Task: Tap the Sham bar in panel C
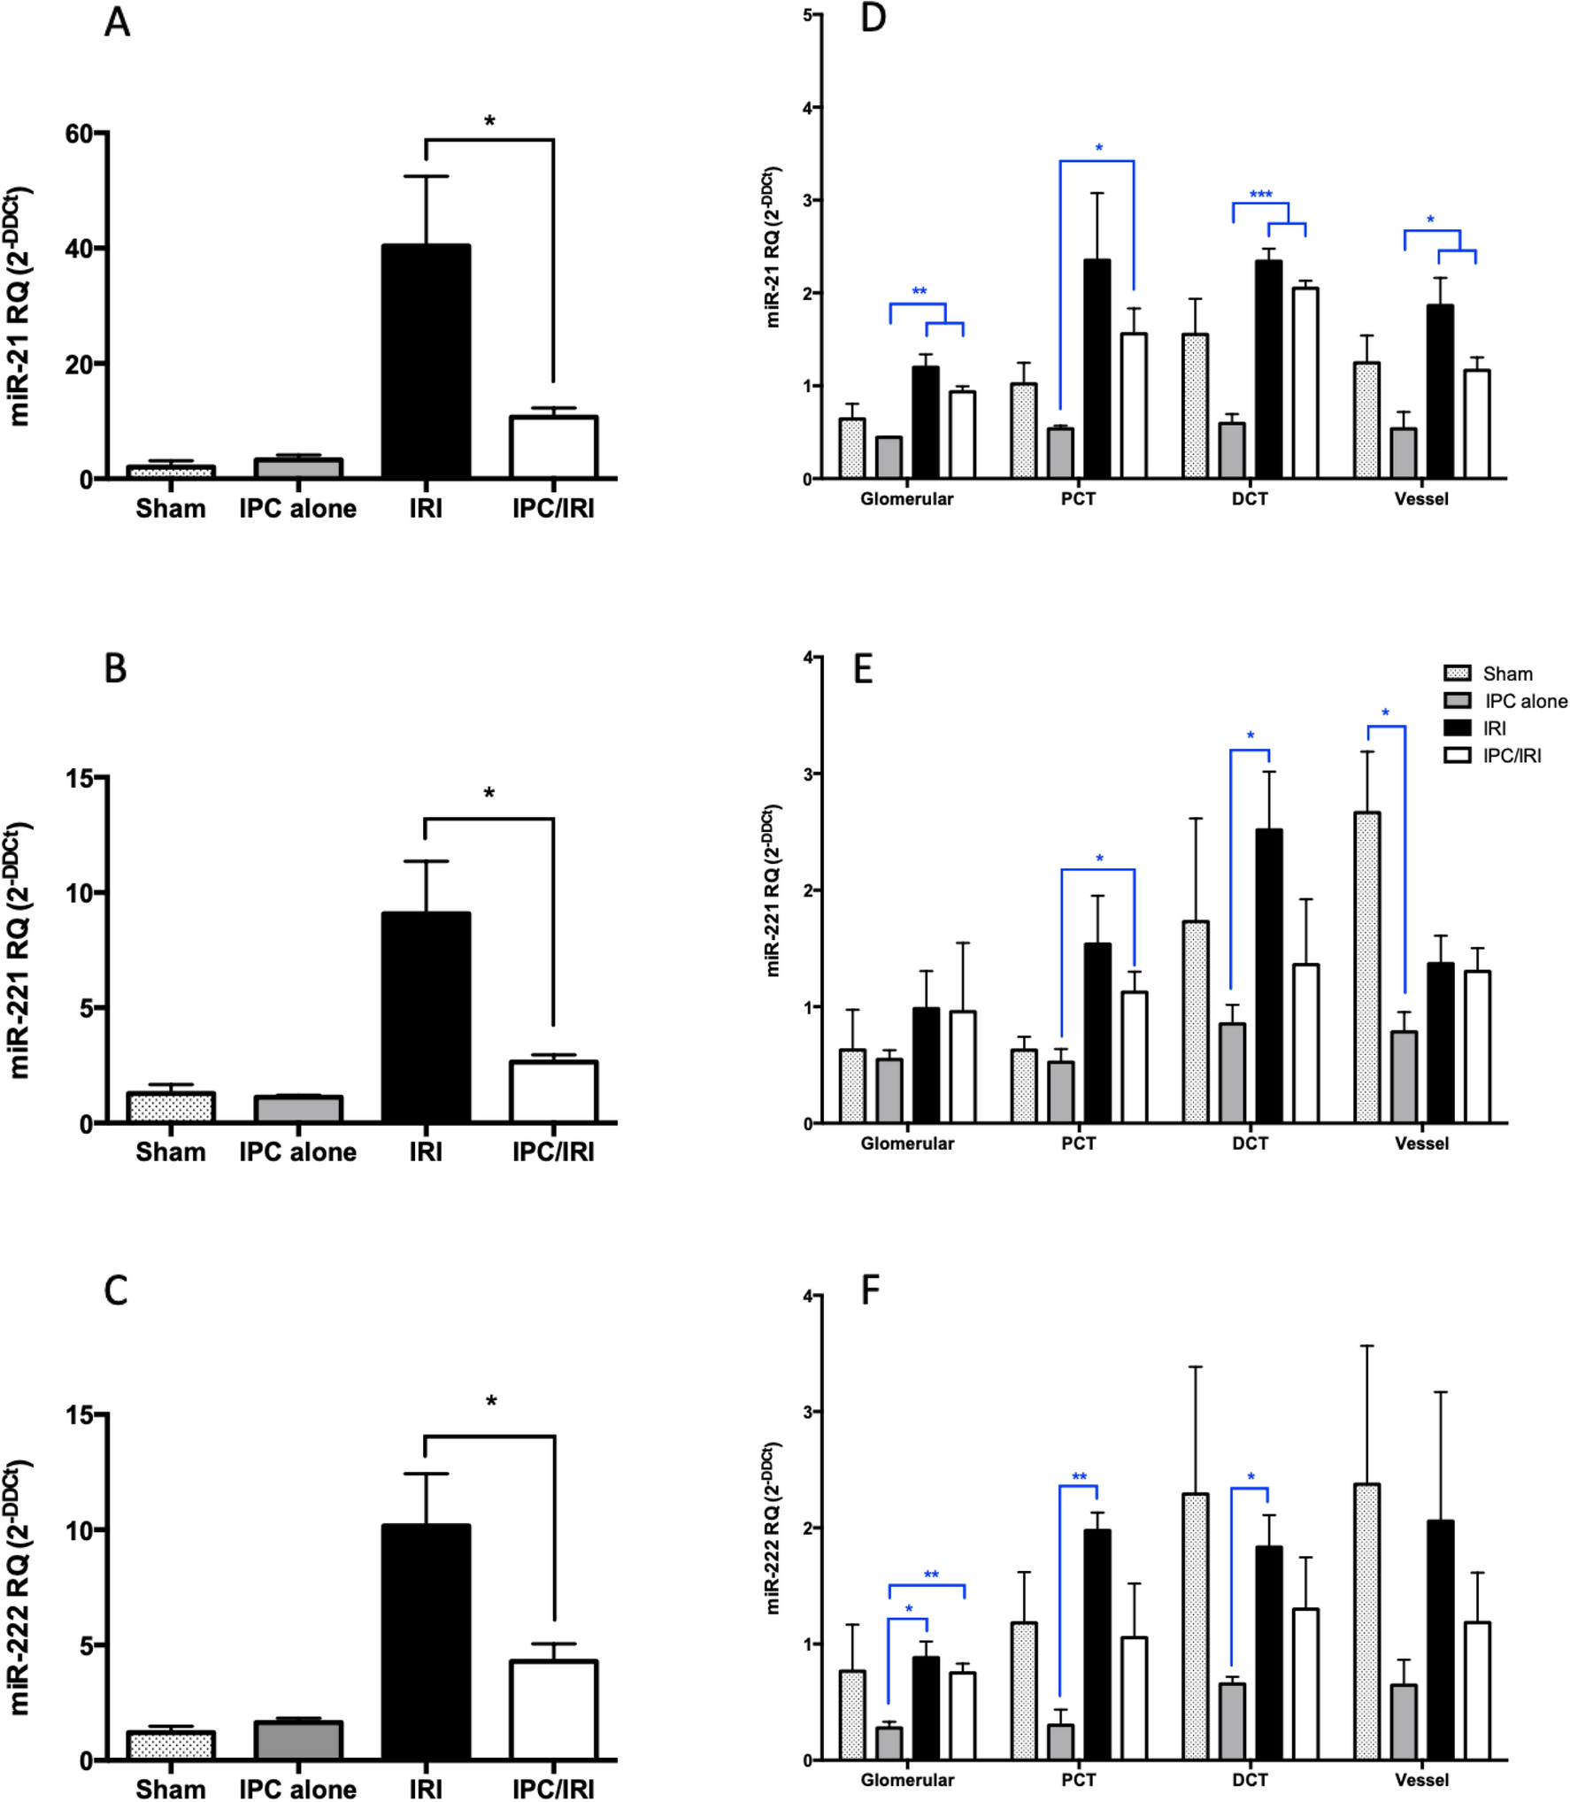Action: (171, 1745)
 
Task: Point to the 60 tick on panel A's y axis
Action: (79, 134)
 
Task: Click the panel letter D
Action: (873, 18)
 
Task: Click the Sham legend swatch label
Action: (1507, 674)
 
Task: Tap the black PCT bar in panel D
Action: (1097, 369)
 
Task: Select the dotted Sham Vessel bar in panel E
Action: (1366, 967)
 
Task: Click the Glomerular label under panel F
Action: (907, 1779)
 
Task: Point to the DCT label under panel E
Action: (1250, 1144)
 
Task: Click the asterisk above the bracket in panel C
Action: (491, 1401)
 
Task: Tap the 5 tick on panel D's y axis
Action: (808, 15)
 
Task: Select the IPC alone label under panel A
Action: (297, 508)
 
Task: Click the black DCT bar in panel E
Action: (1268, 976)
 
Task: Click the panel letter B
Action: (115, 668)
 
